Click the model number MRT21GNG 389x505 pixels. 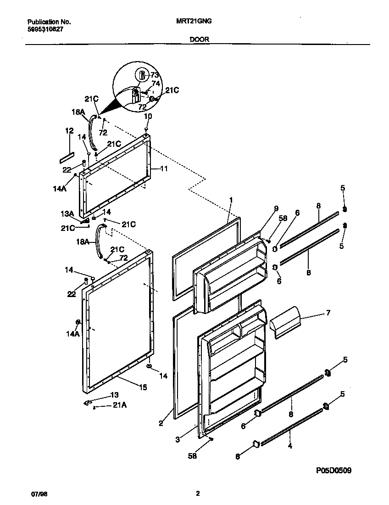pos(193,21)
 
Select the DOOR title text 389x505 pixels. pos(199,39)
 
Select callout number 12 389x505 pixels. pos(69,131)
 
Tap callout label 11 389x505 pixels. pos(164,168)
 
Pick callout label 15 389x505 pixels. pos(143,387)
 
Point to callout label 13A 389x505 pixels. pos(68,214)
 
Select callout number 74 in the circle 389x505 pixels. pos(156,84)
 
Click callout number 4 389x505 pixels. pos(289,445)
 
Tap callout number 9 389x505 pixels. pos(276,208)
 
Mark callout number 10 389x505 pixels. pos(148,117)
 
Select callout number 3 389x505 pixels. pos(177,440)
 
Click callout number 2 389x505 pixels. pos(161,423)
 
